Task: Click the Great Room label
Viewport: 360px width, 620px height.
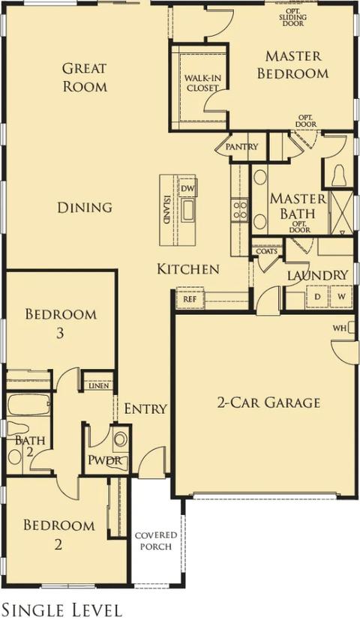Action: [x=84, y=77]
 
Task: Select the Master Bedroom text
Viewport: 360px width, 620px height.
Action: [x=292, y=64]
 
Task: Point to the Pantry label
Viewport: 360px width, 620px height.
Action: [x=241, y=147]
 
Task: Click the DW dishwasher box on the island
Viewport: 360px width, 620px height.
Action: [x=187, y=187]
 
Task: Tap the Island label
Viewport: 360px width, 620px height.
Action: [x=167, y=209]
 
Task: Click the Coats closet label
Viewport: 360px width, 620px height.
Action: [x=266, y=252]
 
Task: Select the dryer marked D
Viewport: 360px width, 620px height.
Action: [x=317, y=297]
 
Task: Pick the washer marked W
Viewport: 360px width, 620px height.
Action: [x=341, y=297]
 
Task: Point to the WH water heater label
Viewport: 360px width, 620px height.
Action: [x=339, y=328]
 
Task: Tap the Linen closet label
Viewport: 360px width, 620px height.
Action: [x=97, y=386]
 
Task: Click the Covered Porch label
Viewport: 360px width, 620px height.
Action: [x=156, y=541]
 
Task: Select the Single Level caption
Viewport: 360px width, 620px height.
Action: [x=61, y=609]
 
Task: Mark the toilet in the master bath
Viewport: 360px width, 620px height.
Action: [x=338, y=175]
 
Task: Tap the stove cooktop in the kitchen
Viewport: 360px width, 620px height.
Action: [x=240, y=209]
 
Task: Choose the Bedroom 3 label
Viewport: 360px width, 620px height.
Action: [x=61, y=323]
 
